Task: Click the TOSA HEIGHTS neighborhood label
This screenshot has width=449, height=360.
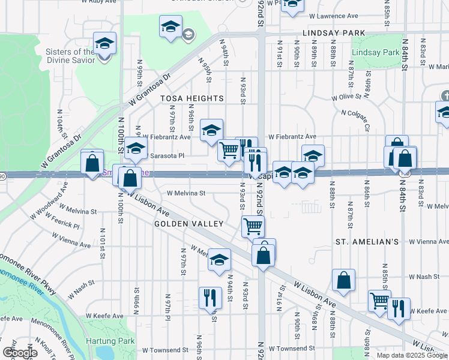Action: click(x=191, y=98)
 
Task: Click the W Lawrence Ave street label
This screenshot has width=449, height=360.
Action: click(x=330, y=16)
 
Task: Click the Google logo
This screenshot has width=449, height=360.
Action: click(x=20, y=353)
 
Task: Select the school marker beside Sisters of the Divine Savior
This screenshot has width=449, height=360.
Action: click(x=104, y=44)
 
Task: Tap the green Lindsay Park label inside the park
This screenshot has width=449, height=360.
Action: click(x=376, y=53)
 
